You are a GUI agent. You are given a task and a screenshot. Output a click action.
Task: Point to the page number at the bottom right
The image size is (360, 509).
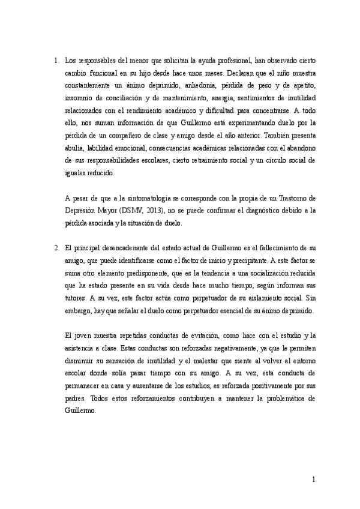tap(313, 481)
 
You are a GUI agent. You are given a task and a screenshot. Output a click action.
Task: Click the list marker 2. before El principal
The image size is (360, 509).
tap(55, 248)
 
